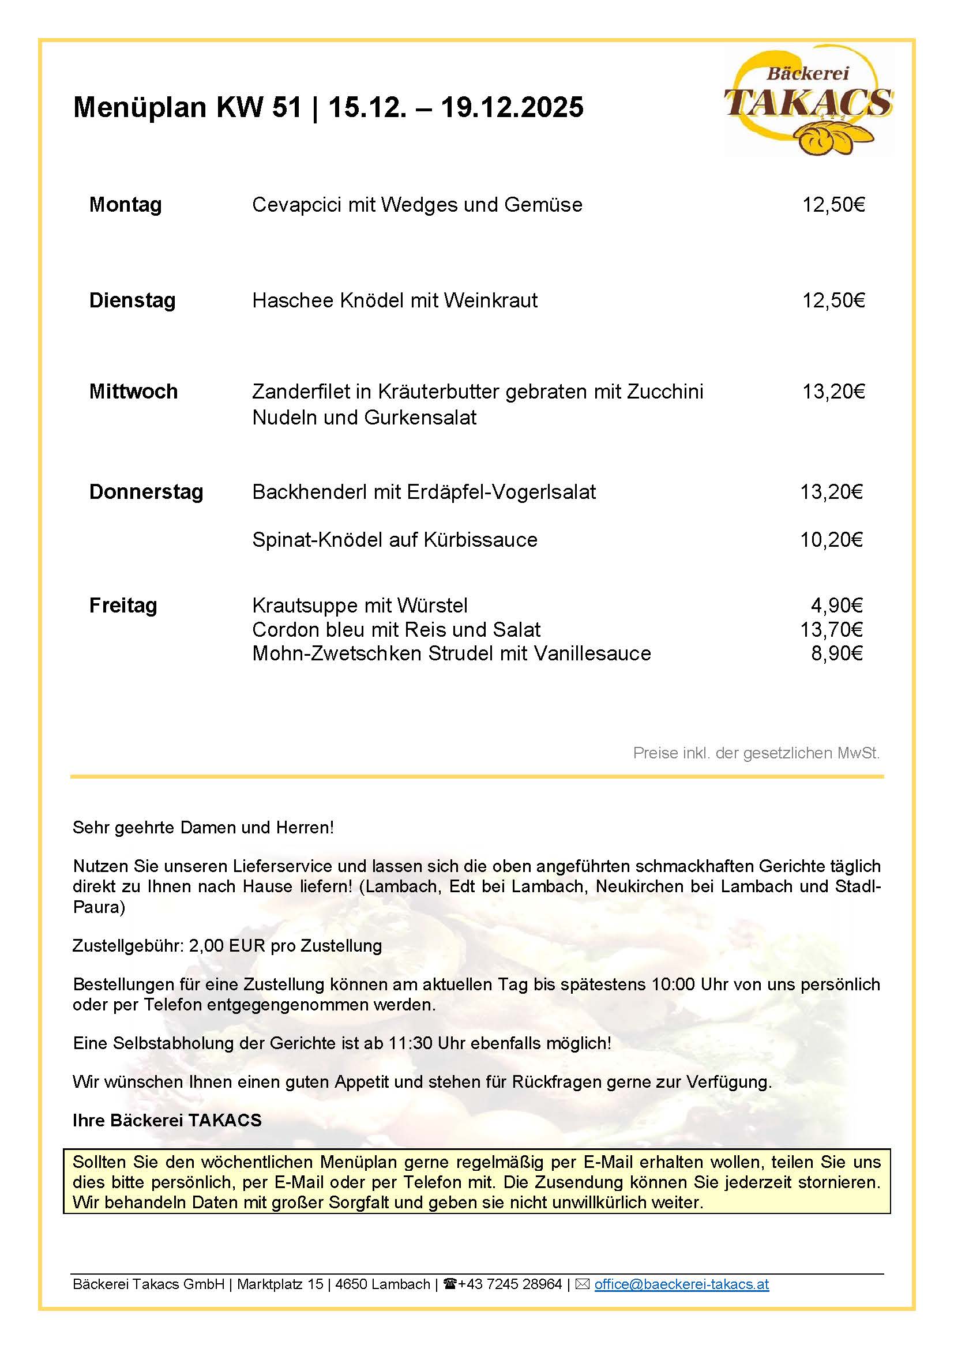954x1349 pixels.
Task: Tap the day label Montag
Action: [125, 205]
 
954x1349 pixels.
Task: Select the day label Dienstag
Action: [132, 300]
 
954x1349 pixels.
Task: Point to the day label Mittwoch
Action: [133, 391]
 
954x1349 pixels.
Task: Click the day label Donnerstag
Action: [146, 492]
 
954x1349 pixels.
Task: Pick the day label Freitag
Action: [123, 605]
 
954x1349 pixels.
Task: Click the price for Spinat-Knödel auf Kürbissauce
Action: [831, 539]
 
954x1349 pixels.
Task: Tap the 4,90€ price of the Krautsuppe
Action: [836, 605]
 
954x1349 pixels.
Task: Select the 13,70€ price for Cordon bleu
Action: [831, 629]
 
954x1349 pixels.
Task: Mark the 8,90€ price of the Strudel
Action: [836, 653]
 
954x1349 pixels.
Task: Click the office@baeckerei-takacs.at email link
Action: [681, 1284]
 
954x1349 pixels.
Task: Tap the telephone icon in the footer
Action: [450, 1284]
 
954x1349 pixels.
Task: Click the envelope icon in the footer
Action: [582, 1284]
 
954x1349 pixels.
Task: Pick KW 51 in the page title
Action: [258, 107]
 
